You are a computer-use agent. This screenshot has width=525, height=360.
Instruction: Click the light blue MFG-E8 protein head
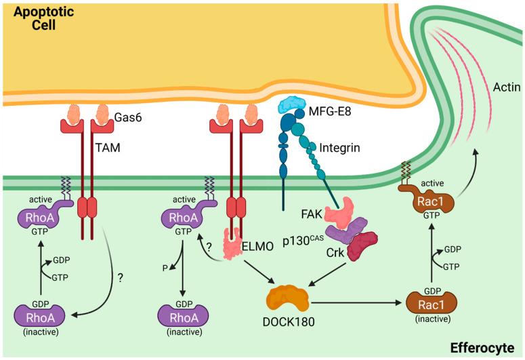click(295, 102)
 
